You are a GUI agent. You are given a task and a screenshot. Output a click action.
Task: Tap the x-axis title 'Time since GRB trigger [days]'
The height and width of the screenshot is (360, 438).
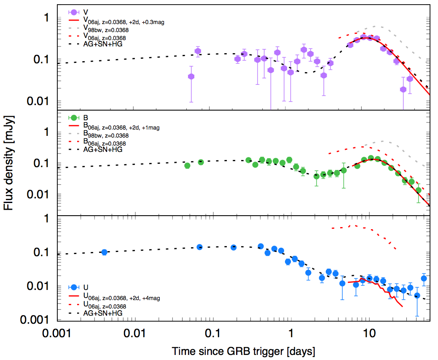(x=243, y=351)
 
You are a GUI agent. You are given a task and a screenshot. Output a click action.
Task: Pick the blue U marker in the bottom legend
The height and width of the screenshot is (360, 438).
(x=74, y=287)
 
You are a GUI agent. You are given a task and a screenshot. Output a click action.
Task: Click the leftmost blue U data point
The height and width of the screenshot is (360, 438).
(x=104, y=252)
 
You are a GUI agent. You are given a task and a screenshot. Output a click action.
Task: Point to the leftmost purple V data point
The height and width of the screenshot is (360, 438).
(x=191, y=76)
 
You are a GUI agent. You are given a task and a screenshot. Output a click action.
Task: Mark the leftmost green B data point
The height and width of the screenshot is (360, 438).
(x=187, y=165)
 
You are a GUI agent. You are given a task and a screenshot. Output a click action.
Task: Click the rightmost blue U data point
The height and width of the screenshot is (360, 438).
(x=424, y=278)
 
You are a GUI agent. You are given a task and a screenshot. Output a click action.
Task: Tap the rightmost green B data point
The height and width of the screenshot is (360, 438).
(x=418, y=190)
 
